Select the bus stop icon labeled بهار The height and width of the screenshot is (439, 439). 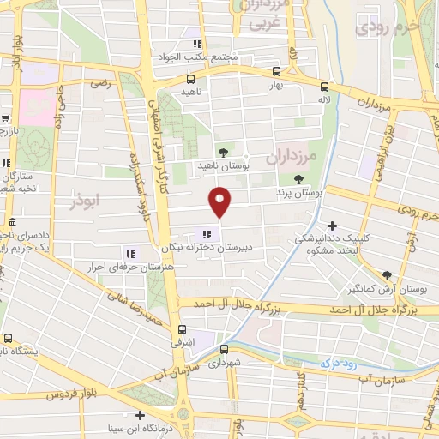click(x=276, y=72)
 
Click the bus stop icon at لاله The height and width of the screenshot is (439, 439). click(x=324, y=86)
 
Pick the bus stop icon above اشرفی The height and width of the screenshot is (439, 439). click(x=182, y=329)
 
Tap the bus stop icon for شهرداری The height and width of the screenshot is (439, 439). click(x=223, y=349)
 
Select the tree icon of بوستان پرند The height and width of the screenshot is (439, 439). click(x=298, y=180)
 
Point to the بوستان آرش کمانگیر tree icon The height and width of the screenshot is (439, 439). click(x=387, y=274)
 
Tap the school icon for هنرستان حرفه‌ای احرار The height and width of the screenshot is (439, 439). click(x=130, y=253)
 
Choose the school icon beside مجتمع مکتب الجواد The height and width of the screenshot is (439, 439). click(x=196, y=44)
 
